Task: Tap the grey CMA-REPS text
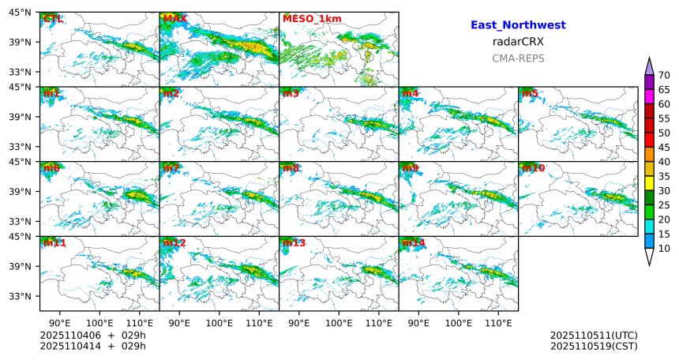point(518,58)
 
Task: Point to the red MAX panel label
point(175,19)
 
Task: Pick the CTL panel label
point(54,19)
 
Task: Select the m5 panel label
point(530,94)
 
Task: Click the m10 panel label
point(533,168)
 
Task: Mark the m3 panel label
point(291,94)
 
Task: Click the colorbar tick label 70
point(664,75)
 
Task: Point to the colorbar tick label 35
point(664,176)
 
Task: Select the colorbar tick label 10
point(664,249)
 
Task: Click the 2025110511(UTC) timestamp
point(594,336)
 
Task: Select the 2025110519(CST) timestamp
point(594,346)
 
